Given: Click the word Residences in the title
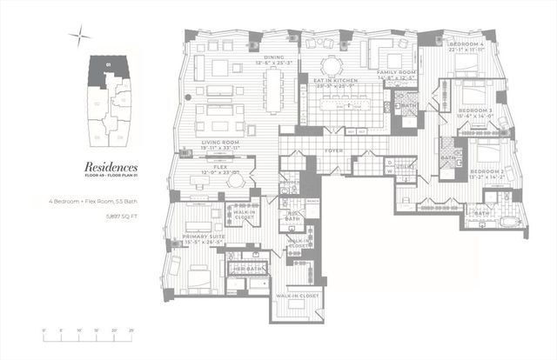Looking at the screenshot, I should click(x=111, y=166).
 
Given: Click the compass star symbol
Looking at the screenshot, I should click(x=79, y=36).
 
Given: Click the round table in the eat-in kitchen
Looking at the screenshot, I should click(x=331, y=66).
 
